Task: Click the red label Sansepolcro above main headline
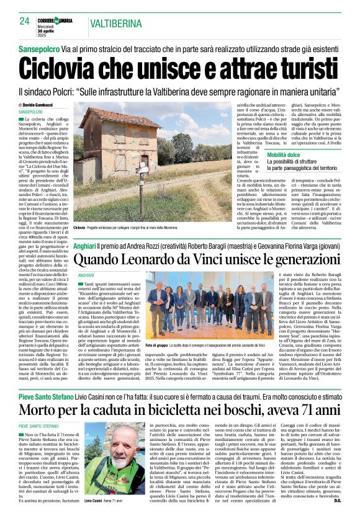click(38, 48)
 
